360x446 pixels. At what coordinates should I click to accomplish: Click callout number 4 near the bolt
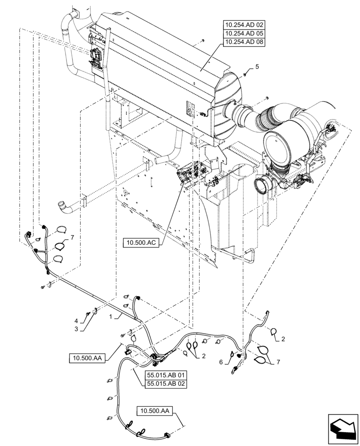pyautogui.click(x=77, y=320)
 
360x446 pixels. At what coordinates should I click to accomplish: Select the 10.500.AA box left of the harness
pyautogui.click(x=87, y=357)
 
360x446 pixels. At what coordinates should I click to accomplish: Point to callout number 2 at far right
pyautogui.click(x=283, y=339)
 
